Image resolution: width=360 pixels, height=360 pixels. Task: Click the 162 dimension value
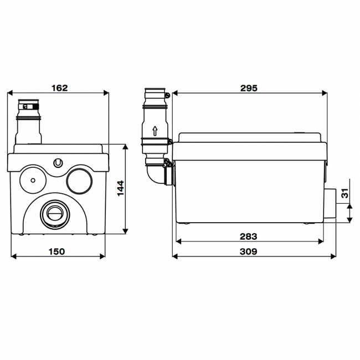60,88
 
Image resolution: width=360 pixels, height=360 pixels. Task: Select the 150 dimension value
56,251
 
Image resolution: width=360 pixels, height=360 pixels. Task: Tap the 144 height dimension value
121,188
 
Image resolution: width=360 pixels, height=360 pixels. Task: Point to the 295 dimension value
249,88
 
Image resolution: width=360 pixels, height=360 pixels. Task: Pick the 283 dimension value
249,236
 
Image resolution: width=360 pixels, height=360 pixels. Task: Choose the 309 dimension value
249,251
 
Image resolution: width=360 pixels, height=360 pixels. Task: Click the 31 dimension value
345,193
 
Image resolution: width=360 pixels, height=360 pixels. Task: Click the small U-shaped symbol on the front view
58,163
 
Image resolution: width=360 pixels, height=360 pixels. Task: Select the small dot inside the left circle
33,181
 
